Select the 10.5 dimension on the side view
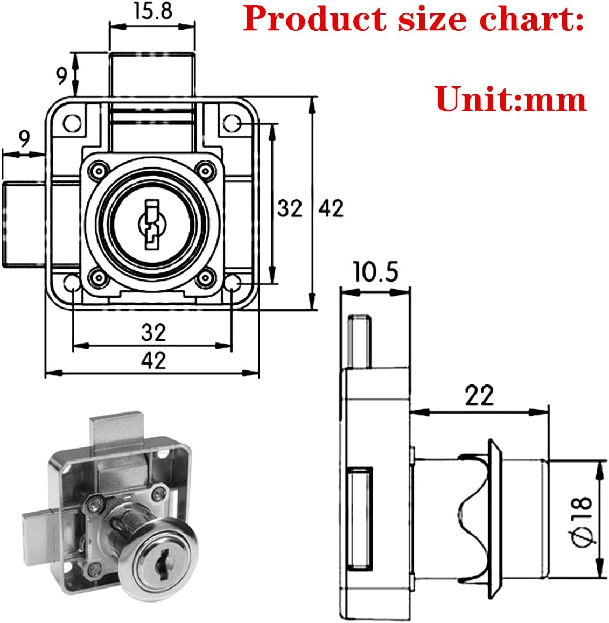click(x=375, y=272)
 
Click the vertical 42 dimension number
click(x=331, y=208)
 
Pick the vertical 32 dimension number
click(x=290, y=208)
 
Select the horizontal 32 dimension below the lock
click(x=153, y=333)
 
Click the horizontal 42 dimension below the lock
click(x=153, y=360)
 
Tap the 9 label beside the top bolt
click(x=63, y=76)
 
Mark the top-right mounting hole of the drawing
click(x=232, y=123)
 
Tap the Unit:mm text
click(x=510, y=99)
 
